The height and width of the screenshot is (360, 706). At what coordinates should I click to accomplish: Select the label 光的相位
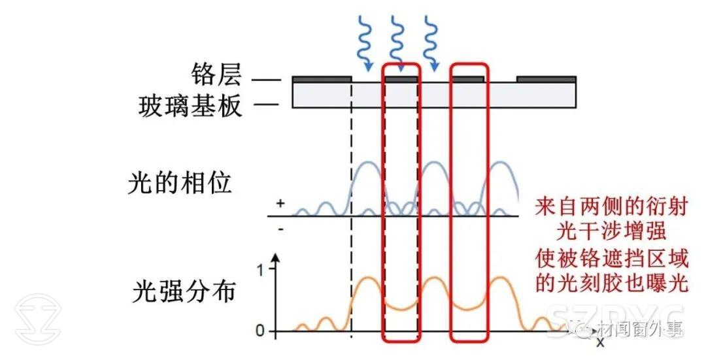[180, 184]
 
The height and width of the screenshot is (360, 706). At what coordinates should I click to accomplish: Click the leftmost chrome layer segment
[322, 78]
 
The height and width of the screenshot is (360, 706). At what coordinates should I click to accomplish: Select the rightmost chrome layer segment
[546, 78]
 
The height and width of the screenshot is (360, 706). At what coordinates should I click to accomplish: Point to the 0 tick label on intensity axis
[260, 331]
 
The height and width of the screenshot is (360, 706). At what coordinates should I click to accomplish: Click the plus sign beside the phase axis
[280, 204]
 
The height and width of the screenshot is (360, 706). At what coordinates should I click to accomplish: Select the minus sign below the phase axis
[280, 229]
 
